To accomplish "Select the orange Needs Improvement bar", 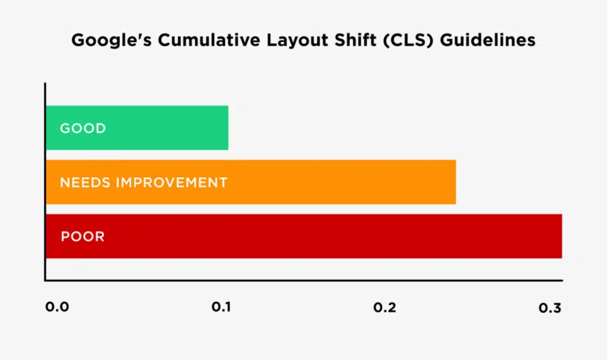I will [332, 182].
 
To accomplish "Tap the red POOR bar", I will [356, 236].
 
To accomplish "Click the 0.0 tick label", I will [57, 308].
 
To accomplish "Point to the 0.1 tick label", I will [222, 308].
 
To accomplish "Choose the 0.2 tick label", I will [385, 308].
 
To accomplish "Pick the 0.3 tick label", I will [549, 308].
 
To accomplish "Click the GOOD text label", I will [83, 128].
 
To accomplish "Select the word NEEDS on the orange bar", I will [85, 182].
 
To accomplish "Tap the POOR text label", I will [82, 237].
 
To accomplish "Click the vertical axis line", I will [45, 178].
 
